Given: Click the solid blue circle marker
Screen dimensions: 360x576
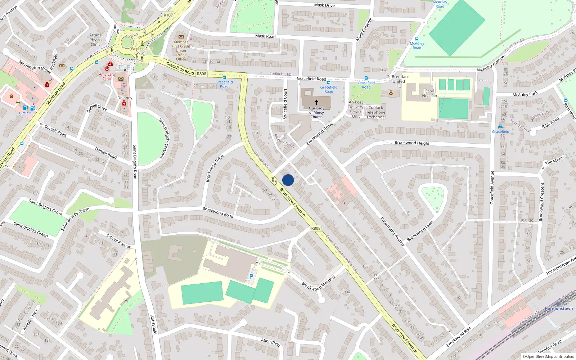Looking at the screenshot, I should [x=288, y=180].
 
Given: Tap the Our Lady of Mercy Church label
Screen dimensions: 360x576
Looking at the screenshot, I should [x=316, y=112].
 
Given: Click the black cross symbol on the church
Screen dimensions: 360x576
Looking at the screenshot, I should [x=316, y=102].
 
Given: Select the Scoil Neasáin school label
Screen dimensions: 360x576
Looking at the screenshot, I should [x=429, y=93].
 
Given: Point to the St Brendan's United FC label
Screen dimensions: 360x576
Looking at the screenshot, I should [x=399, y=81].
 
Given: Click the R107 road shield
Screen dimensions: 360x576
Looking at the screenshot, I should [x=168, y=15].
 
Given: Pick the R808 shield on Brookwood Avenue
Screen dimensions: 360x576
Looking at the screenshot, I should [x=316, y=228].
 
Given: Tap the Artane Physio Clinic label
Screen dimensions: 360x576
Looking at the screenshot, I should [x=96, y=40].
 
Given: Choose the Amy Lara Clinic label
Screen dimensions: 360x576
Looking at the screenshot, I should [x=107, y=76].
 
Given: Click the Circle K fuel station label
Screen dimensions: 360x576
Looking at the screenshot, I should [x=25, y=113].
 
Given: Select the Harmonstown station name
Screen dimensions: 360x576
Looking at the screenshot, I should [x=558, y=309].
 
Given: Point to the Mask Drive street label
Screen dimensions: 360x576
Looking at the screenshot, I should [x=324, y=5].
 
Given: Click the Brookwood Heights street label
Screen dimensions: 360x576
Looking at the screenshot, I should [x=413, y=143].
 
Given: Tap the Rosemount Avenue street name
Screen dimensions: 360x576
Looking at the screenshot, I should [x=393, y=231].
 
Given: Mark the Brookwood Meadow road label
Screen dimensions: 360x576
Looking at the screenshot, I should [x=318, y=283].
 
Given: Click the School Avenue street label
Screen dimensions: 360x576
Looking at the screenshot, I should [x=119, y=241].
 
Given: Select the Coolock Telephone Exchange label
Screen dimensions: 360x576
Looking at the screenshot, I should [x=375, y=112].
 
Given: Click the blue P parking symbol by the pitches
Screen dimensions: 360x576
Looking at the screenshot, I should [x=251, y=276].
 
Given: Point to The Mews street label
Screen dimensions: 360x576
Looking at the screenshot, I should [x=554, y=161].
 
